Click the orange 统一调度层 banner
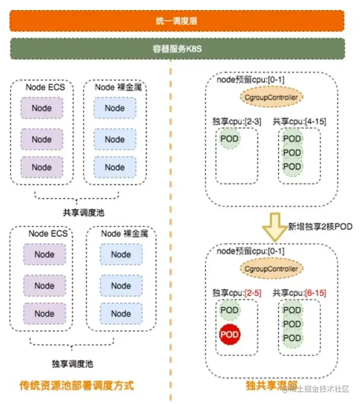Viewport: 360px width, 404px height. tap(177, 21)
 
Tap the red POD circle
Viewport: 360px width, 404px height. tap(229, 334)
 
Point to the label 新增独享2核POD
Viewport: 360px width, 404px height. tap(319, 226)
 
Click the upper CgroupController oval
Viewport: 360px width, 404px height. tap(272, 98)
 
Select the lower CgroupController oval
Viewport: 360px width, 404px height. tap(272, 269)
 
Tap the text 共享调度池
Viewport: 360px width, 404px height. tap(78, 213)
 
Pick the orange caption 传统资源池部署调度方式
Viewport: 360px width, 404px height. tap(77, 385)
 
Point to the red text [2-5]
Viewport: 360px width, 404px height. tap(250, 292)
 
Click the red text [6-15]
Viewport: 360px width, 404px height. tap(316, 292)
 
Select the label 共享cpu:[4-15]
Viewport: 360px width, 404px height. tap(299, 122)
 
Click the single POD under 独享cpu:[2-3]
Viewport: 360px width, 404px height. tap(229, 139)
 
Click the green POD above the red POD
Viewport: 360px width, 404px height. tap(229, 310)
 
